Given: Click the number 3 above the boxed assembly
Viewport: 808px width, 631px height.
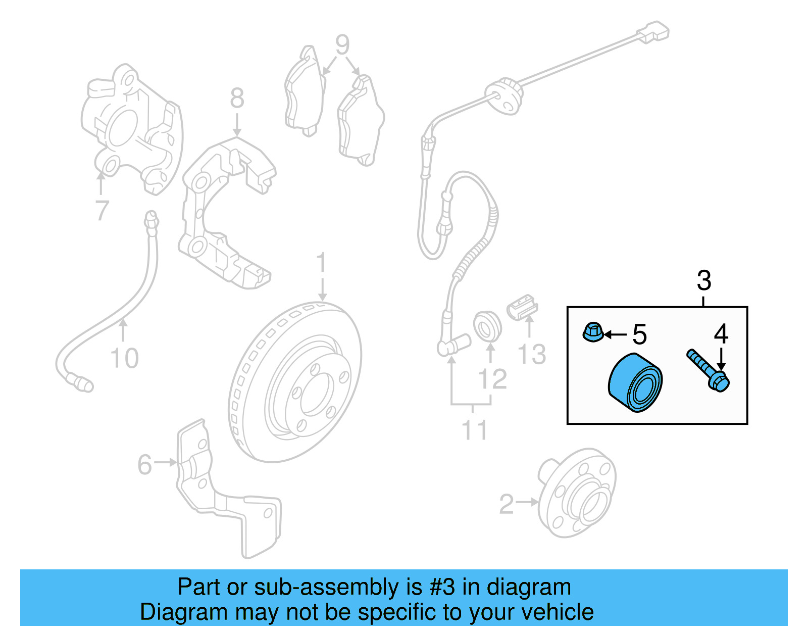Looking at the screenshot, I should tap(703, 281).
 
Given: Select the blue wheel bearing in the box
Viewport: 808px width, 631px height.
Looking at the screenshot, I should tap(635, 382).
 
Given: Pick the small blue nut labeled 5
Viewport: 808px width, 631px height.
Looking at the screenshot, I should tap(593, 332).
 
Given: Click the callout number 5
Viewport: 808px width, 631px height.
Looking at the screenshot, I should tap(639, 334).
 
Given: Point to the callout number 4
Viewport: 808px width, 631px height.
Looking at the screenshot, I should tap(721, 334).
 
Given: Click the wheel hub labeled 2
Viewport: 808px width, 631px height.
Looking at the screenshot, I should tap(577, 492).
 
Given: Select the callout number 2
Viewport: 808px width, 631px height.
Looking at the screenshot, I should tap(507, 504).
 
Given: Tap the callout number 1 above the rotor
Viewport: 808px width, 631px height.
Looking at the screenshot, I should tap(322, 264).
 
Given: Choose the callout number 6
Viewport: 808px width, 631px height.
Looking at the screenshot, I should tap(144, 464).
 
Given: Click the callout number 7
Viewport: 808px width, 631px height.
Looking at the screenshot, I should tap(102, 210).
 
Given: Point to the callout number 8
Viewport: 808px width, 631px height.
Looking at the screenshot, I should tap(237, 99).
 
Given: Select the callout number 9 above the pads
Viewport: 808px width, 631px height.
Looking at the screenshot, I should tap(342, 45).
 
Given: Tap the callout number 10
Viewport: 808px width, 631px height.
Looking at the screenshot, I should tap(124, 358).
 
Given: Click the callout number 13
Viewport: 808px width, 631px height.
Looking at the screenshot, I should tap(532, 354).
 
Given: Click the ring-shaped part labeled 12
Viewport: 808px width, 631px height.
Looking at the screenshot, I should tap(487, 326).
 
